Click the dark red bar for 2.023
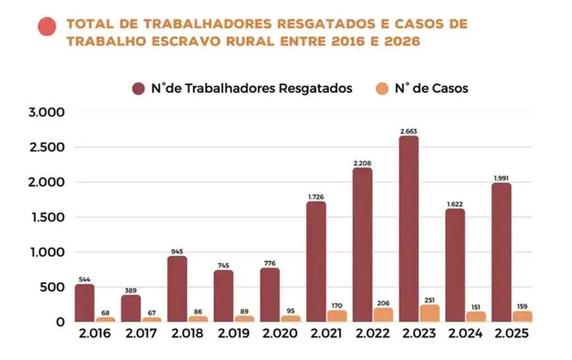(409, 229)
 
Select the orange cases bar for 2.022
(383, 315)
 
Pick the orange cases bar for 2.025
(522, 316)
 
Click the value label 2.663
(409, 131)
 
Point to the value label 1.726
(316, 197)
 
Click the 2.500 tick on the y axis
(46, 148)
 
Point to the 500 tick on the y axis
(54, 287)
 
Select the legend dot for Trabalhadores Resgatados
(139, 88)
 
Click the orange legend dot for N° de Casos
(382, 88)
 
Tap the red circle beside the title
(46, 26)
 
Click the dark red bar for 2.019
(223, 296)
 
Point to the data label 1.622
(455, 205)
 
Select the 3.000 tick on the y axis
(46, 112)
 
